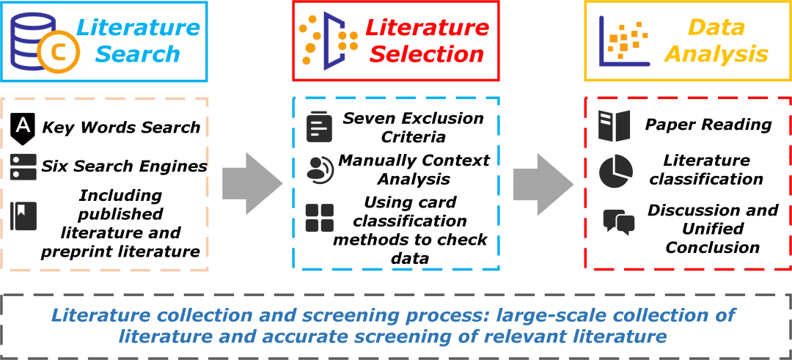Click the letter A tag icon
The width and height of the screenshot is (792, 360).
[23, 127]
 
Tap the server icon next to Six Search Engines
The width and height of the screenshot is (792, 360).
[23, 166]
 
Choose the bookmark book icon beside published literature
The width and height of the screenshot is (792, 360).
[23, 216]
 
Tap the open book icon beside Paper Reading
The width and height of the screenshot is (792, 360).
[614, 126]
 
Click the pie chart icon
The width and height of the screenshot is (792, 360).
[615, 171]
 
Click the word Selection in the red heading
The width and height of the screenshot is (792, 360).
[427, 54]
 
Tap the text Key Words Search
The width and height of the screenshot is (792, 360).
[121, 127]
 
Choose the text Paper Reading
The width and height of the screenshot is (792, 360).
[708, 125]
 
